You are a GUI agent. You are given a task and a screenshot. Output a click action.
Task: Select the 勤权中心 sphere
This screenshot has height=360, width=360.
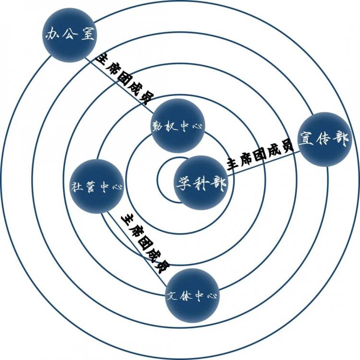(x=178, y=126)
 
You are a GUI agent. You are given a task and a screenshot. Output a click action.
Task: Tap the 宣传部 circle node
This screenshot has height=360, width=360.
(x=325, y=139)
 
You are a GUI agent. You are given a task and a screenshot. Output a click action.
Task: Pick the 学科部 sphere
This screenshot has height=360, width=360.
(x=201, y=183)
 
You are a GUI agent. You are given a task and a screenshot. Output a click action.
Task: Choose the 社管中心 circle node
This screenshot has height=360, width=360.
(x=97, y=186)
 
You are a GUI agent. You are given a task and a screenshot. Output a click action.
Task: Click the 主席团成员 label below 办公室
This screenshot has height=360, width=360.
(x=124, y=79)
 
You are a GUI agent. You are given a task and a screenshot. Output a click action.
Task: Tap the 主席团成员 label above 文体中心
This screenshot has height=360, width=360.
(x=146, y=243)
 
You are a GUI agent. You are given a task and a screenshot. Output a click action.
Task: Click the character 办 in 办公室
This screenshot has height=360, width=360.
(x=53, y=35)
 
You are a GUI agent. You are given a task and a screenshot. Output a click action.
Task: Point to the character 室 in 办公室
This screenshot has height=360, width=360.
(x=87, y=34)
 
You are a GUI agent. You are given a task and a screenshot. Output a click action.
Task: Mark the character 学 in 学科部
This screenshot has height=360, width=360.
(x=184, y=183)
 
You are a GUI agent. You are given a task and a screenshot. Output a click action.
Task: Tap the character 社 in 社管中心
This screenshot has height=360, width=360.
(x=77, y=187)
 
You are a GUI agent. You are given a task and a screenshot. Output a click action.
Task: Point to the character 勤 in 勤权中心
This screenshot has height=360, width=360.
(x=158, y=127)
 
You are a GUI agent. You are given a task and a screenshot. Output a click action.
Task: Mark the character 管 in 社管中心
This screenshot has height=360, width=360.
(x=90, y=187)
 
